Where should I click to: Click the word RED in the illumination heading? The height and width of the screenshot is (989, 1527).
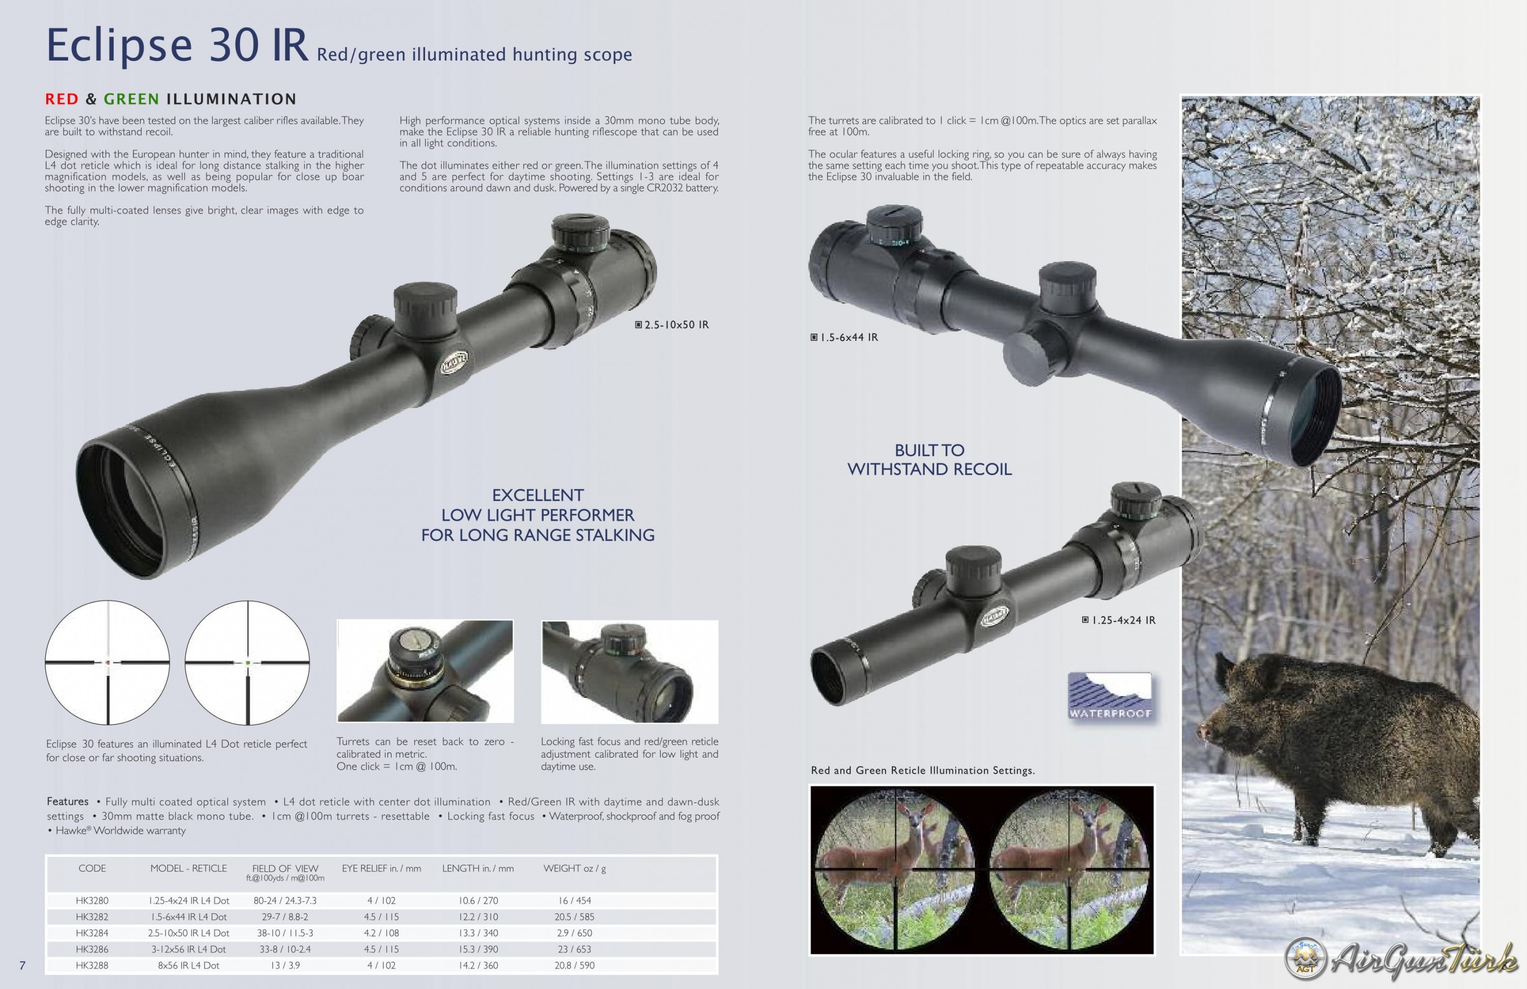[62, 99]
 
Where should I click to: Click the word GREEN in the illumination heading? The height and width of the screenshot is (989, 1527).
[131, 99]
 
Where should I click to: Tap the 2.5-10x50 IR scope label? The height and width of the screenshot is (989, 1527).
[672, 325]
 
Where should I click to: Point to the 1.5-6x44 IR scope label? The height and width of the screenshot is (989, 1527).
[844, 337]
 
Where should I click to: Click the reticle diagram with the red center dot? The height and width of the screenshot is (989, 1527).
[107, 662]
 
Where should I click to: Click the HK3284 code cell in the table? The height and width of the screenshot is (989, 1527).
[92, 933]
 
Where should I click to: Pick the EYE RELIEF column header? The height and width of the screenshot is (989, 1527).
[381, 868]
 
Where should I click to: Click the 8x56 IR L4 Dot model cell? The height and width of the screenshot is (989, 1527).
[189, 965]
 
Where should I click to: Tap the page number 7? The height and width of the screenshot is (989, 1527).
[22, 965]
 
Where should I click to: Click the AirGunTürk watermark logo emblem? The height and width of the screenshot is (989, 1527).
[1305, 959]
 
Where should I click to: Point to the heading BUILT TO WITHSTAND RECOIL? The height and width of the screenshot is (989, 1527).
[929, 460]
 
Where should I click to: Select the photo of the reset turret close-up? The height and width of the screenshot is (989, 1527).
[425, 671]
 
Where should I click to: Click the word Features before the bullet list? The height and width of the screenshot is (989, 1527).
[67, 802]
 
